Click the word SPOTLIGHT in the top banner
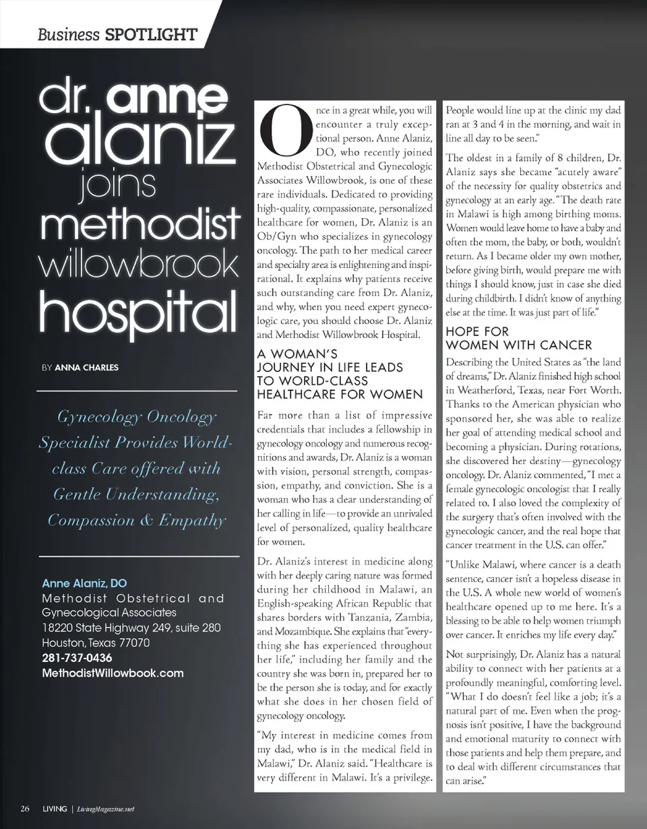[x=152, y=34]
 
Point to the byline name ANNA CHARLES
[x=86, y=368]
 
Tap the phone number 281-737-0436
[x=78, y=658]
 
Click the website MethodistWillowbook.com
[x=113, y=673]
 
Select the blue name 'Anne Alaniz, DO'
[x=84, y=583]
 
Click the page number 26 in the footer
[x=25, y=809]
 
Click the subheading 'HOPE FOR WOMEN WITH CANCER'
[x=518, y=339]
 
